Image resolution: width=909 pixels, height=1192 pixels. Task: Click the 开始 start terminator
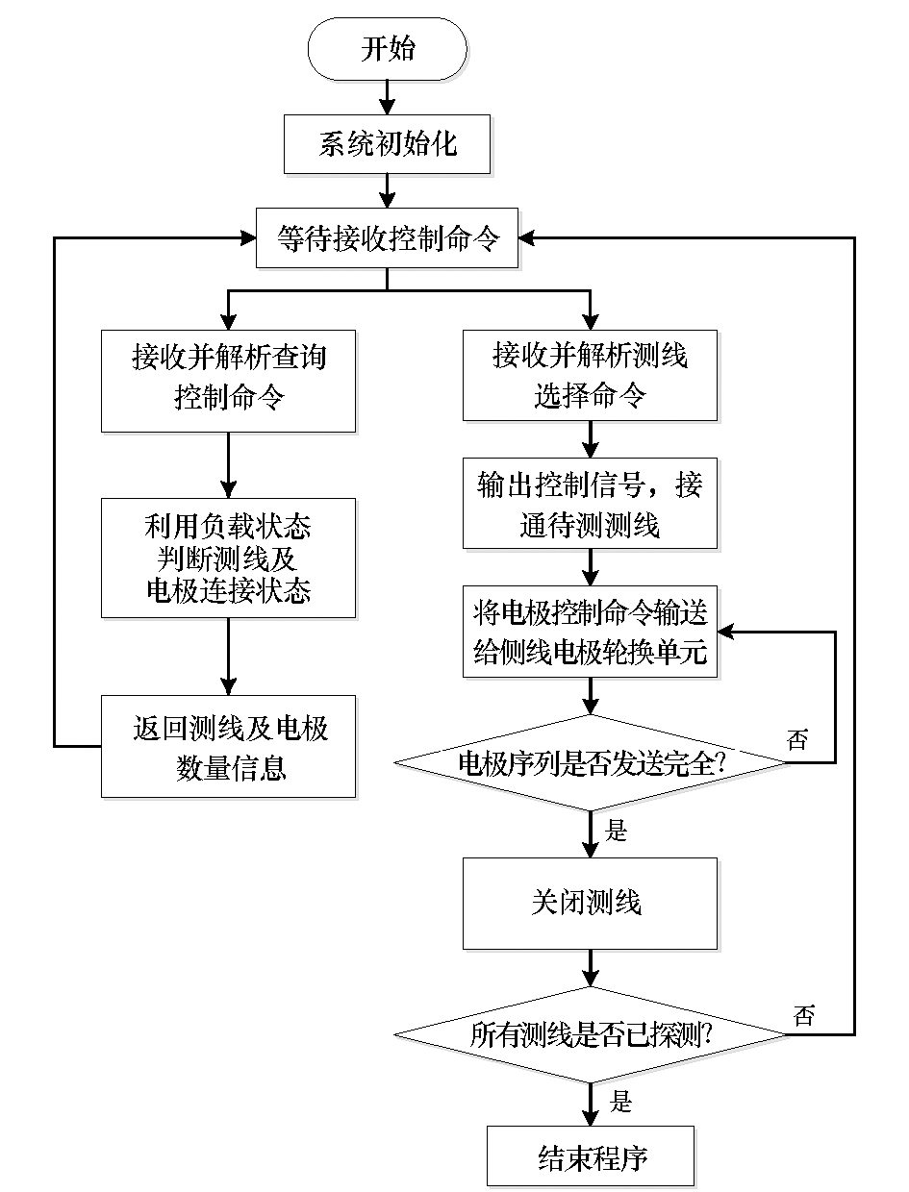click(387, 49)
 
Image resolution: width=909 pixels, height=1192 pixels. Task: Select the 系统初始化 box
click(387, 144)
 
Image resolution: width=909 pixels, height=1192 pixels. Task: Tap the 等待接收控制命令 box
click(387, 237)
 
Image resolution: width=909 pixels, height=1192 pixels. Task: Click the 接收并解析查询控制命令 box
click(228, 382)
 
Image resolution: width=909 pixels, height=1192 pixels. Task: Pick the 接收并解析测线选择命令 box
click(590, 375)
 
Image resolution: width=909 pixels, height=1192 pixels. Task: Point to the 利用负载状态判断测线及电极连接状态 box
click(228, 559)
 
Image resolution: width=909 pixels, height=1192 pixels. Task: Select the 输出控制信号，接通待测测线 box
click(590, 504)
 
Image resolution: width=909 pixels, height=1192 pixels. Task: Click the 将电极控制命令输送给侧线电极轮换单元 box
click(590, 632)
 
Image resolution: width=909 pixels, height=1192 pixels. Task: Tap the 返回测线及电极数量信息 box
click(228, 747)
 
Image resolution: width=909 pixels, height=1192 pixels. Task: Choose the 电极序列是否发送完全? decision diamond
click(590, 763)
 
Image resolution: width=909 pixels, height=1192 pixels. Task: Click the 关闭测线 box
click(590, 904)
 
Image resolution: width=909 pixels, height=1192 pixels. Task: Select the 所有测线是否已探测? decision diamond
click(590, 1034)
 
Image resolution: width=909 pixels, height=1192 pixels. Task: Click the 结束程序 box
click(591, 1155)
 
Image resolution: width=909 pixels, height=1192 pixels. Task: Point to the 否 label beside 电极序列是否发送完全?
click(797, 739)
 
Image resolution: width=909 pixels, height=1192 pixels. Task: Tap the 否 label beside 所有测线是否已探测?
click(803, 1014)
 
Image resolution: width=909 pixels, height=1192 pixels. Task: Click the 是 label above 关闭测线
click(616, 831)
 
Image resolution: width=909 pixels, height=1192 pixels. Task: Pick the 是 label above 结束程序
click(620, 1102)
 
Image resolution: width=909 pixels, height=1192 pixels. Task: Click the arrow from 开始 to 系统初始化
click(387, 98)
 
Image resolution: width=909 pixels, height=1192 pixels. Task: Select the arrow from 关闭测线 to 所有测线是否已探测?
click(590, 968)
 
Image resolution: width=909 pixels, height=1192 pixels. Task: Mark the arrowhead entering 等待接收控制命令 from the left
click(249, 237)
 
